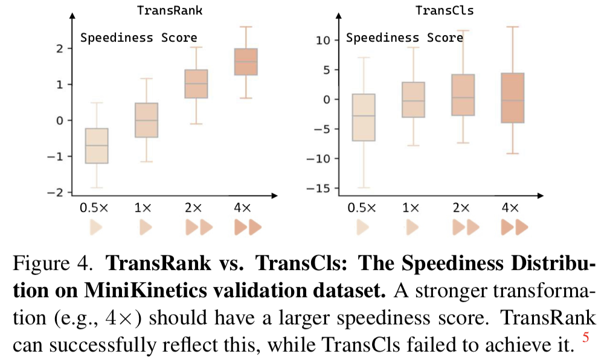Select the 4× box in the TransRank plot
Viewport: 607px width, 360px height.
click(246, 62)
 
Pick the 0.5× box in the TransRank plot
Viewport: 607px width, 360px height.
click(97, 146)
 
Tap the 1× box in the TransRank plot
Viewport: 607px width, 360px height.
click(146, 120)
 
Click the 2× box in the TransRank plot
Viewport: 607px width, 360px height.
click(196, 83)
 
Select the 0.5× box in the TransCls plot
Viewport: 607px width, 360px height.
click(363, 117)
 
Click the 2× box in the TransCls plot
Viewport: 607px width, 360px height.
click(462, 95)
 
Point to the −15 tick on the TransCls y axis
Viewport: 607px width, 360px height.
click(322, 188)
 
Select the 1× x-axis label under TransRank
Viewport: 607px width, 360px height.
click(144, 208)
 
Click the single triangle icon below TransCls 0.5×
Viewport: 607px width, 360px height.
click(362, 228)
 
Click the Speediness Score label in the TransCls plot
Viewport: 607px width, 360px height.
click(404, 38)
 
